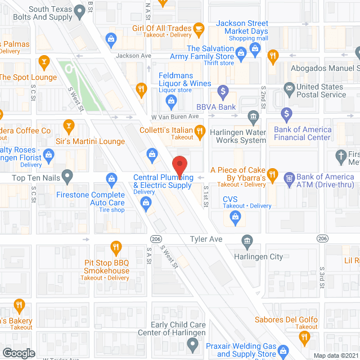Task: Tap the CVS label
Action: point(230,199)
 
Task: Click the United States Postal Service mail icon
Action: point(289,88)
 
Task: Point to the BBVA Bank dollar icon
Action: point(223,91)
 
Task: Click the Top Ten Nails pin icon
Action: point(67,177)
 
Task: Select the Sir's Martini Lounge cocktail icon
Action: point(69,125)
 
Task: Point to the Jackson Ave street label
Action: point(133,56)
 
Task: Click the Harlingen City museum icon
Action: point(247,241)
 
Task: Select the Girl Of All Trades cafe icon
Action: point(198,28)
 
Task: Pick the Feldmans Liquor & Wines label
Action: point(184,79)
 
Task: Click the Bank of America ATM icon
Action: point(289,178)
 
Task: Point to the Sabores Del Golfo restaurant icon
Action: point(304,337)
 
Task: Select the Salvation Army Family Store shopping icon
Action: point(241,53)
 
